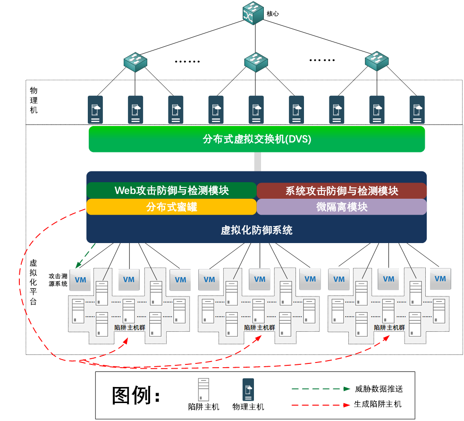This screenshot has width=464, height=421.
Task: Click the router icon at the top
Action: (253, 13)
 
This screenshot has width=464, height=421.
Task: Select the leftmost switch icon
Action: (135, 62)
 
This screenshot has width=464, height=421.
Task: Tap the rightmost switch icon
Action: (377, 61)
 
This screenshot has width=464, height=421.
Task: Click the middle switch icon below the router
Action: (256, 62)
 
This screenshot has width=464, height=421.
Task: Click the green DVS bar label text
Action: (257, 140)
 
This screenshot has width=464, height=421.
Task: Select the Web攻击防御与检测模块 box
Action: (171, 190)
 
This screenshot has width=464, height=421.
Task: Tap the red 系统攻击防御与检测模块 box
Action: (342, 191)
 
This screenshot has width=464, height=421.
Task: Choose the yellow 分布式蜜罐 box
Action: (171, 207)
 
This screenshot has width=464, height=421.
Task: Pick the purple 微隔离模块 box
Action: (342, 207)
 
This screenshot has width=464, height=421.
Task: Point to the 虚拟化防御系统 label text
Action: (257, 230)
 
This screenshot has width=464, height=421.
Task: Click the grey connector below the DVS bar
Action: (257, 161)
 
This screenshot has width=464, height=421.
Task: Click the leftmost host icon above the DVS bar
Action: (95, 110)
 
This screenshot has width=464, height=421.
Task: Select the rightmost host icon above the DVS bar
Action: (417, 110)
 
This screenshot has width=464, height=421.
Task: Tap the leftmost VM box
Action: (81, 280)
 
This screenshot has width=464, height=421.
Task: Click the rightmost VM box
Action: (440, 278)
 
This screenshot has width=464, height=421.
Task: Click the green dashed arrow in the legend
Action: (321, 389)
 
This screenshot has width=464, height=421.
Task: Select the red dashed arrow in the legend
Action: (321, 405)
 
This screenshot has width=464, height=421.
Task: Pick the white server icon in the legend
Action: (203, 389)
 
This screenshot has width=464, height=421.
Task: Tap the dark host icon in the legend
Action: (248, 390)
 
